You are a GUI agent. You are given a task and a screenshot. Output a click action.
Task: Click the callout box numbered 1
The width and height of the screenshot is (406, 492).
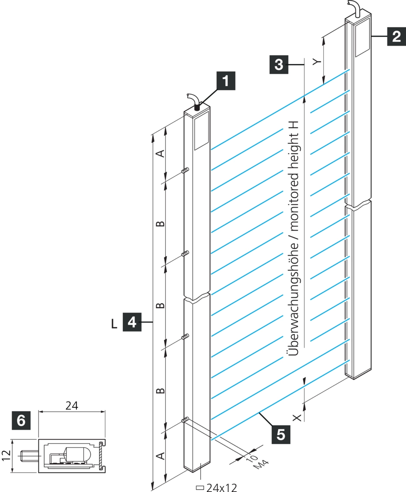coord(226,81)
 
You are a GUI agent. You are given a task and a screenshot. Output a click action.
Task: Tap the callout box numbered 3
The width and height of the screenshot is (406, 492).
coord(278,65)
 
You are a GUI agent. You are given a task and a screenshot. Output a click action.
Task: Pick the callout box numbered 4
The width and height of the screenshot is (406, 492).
coord(132,322)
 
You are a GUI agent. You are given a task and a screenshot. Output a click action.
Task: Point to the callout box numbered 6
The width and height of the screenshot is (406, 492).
coord(21,419)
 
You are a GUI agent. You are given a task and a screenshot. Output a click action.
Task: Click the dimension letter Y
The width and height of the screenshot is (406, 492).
coord(317,62)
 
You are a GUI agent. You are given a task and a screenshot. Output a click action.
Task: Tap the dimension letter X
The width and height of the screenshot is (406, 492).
coord(297,417)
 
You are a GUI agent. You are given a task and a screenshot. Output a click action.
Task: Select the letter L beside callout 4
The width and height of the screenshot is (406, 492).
coord(114,324)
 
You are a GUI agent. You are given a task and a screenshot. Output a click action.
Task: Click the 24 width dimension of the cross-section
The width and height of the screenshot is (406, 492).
coord(72,406)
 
